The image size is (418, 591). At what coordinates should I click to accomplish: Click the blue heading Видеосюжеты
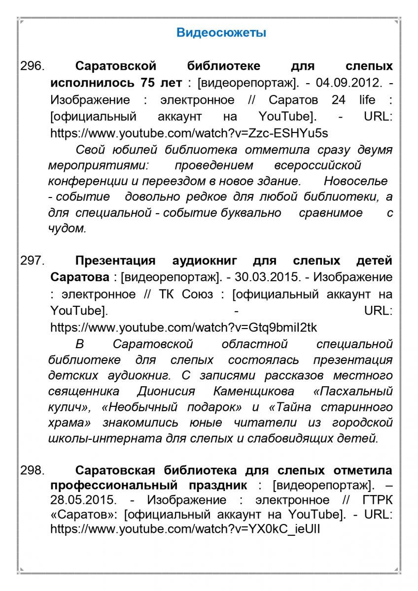221,33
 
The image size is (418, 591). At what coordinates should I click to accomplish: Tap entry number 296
33,66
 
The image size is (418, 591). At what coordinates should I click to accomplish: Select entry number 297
33,261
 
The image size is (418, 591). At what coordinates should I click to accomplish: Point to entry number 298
33,470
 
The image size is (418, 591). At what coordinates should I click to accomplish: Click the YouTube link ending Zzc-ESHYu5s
189,133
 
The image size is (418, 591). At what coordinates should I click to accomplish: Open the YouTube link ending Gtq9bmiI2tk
184,328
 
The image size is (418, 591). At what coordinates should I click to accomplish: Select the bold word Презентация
115,261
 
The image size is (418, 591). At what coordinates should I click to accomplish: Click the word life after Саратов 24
367,100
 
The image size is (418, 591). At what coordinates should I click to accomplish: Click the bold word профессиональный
123,485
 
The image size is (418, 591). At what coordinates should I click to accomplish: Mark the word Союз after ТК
199,295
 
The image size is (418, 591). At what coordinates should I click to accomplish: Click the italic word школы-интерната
103,439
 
